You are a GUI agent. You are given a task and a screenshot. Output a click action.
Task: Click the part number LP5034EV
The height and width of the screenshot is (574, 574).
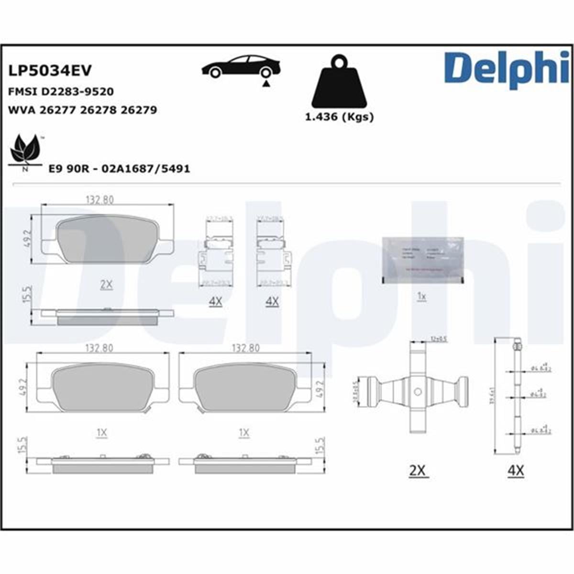pyautogui.click(x=50, y=71)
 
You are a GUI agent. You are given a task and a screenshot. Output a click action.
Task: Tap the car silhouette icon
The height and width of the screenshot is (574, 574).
pyautogui.click(x=241, y=66)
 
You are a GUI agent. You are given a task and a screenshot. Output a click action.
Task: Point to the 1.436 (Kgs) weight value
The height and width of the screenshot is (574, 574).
pyautogui.click(x=339, y=116)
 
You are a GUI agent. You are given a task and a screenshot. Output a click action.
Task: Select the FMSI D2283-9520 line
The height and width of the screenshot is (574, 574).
pyautogui.click(x=61, y=91)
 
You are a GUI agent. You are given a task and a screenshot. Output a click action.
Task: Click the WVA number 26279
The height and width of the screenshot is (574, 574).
pyautogui.click(x=139, y=110)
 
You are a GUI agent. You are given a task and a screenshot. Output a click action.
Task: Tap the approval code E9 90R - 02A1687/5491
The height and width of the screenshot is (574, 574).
pyautogui.click(x=119, y=169)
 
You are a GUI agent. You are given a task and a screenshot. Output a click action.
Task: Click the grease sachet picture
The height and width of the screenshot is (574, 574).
pyautogui.click(x=422, y=260)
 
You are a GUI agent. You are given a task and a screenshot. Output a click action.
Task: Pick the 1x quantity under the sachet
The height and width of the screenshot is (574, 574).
pyautogui.click(x=421, y=297)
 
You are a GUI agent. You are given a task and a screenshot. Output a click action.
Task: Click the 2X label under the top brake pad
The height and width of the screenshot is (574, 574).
pyautogui.click(x=106, y=285)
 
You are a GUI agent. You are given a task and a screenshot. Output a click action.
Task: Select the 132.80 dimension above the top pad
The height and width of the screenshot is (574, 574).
pyautogui.click(x=99, y=200)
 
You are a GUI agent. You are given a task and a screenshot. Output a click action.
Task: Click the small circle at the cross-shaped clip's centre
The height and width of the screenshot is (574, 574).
pyautogui.click(x=418, y=392)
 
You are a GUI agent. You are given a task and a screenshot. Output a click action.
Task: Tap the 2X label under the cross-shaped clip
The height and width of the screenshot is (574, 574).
pyautogui.click(x=418, y=471)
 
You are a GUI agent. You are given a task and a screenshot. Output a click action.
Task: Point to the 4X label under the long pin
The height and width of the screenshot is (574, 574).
pyautogui.click(x=516, y=471)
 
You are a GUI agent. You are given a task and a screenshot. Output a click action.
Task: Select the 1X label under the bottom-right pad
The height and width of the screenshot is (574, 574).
pyautogui.click(x=244, y=433)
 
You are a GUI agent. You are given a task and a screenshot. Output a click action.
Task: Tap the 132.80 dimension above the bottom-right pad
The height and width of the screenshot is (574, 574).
pyautogui.click(x=245, y=348)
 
